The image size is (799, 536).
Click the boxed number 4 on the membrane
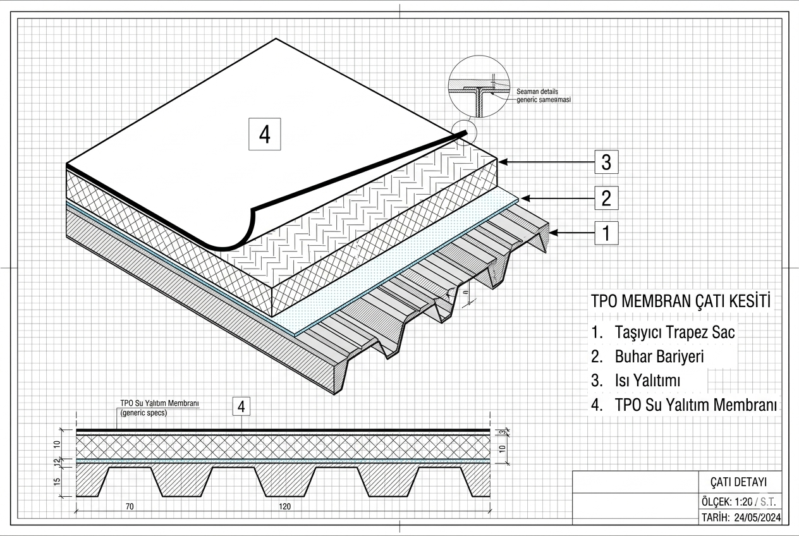pos(265,134)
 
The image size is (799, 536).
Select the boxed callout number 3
pos(606,162)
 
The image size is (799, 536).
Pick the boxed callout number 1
pos(606,233)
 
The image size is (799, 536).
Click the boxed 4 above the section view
pos(241,406)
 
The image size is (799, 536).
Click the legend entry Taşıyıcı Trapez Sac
pos(674,332)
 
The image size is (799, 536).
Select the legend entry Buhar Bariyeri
pos(659,356)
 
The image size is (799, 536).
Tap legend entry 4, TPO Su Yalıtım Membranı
pos(695,405)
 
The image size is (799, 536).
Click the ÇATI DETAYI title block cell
pos(738,482)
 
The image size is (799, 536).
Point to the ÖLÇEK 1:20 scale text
pos(728,502)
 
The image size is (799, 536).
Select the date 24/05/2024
pos(758,518)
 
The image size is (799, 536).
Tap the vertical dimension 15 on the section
pos(57,482)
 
